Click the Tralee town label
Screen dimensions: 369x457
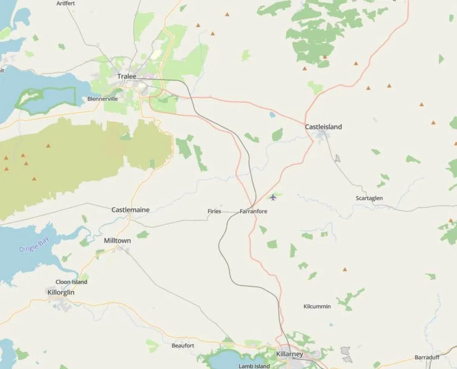click(x=126, y=77)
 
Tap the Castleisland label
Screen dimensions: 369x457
click(x=323, y=127)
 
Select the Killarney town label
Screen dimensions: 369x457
click(x=289, y=354)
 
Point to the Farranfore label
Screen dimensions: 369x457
click(x=253, y=211)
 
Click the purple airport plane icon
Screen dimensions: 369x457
click(x=273, y=197)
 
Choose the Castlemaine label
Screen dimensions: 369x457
click(x=130, y=210)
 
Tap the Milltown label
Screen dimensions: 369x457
click(x=117, y=241)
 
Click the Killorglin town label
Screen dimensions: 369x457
click(x=61, y=292)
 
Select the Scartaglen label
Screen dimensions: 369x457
click(x=369, y=198)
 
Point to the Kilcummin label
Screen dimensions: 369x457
click(x=317, y=306)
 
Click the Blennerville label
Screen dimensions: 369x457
click(x=102, y=99)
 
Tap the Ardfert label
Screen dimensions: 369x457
click(x=66, y=3)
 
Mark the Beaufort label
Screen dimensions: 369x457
click(x=183, y=346)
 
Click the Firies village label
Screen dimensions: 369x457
click(x=214, y=211)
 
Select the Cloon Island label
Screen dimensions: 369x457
click(x=71, y=282)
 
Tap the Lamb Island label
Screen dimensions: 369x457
click(x=254, y=366)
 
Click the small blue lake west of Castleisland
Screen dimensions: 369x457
click(x=272, y=114)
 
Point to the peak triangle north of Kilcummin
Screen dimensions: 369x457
click(x=345, y=269)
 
